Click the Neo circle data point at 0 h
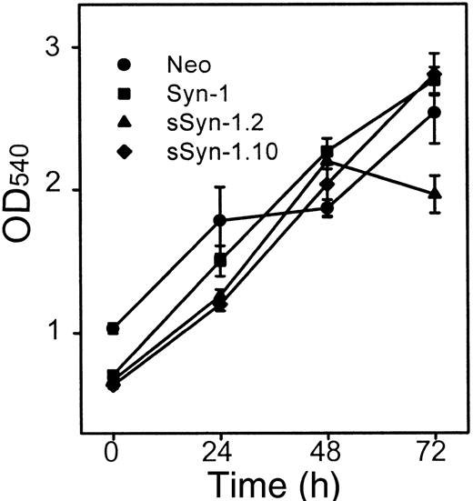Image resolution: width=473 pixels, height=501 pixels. (x=113, y=328)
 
